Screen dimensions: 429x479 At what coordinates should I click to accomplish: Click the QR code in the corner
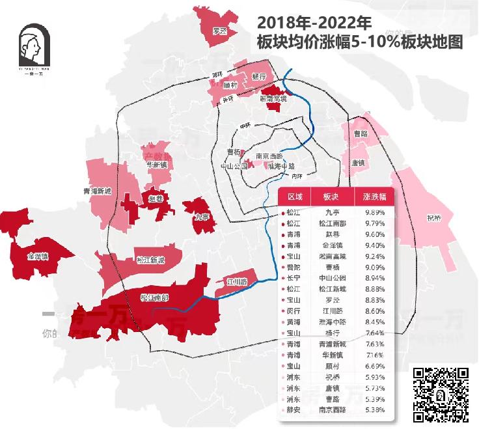441,394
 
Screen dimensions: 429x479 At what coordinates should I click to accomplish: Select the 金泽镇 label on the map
38,256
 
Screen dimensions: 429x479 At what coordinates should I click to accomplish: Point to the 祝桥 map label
434,217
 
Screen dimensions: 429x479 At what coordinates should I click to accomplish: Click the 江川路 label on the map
236,282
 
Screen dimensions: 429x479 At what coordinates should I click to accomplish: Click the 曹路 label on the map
360,133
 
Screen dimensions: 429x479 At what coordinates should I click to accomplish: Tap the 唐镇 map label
357,163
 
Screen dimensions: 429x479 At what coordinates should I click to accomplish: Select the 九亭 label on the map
201,217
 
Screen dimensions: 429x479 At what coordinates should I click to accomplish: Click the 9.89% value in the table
374,212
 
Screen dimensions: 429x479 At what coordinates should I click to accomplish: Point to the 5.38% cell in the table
374,409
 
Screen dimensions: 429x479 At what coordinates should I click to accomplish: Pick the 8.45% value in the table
374,322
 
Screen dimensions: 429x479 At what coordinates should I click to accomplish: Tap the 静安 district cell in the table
294,409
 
